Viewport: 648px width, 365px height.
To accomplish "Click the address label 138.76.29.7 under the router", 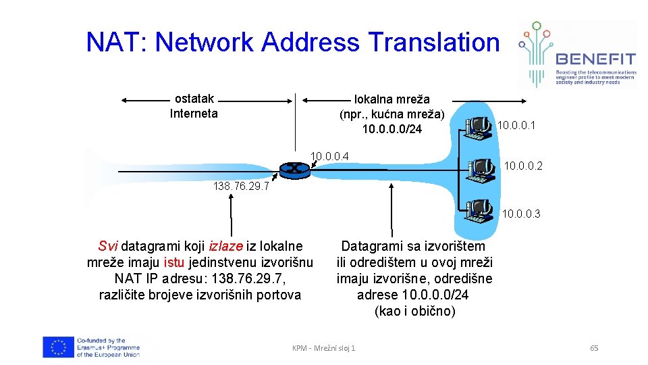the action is tap(241, 187).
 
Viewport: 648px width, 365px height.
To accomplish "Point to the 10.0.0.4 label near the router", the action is tap(329, 157).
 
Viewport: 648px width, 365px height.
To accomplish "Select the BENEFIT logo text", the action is tap(595, 59).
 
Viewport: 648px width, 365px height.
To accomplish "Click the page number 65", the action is tap(594, 348).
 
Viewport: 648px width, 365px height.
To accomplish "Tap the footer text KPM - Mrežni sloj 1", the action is tap(323, 348).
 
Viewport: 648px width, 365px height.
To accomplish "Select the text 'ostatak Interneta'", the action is tap(194, 106).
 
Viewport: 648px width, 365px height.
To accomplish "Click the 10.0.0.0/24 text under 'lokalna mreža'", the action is tap(391, 128).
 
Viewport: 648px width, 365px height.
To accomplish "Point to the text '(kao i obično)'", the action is tap(414, 311).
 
